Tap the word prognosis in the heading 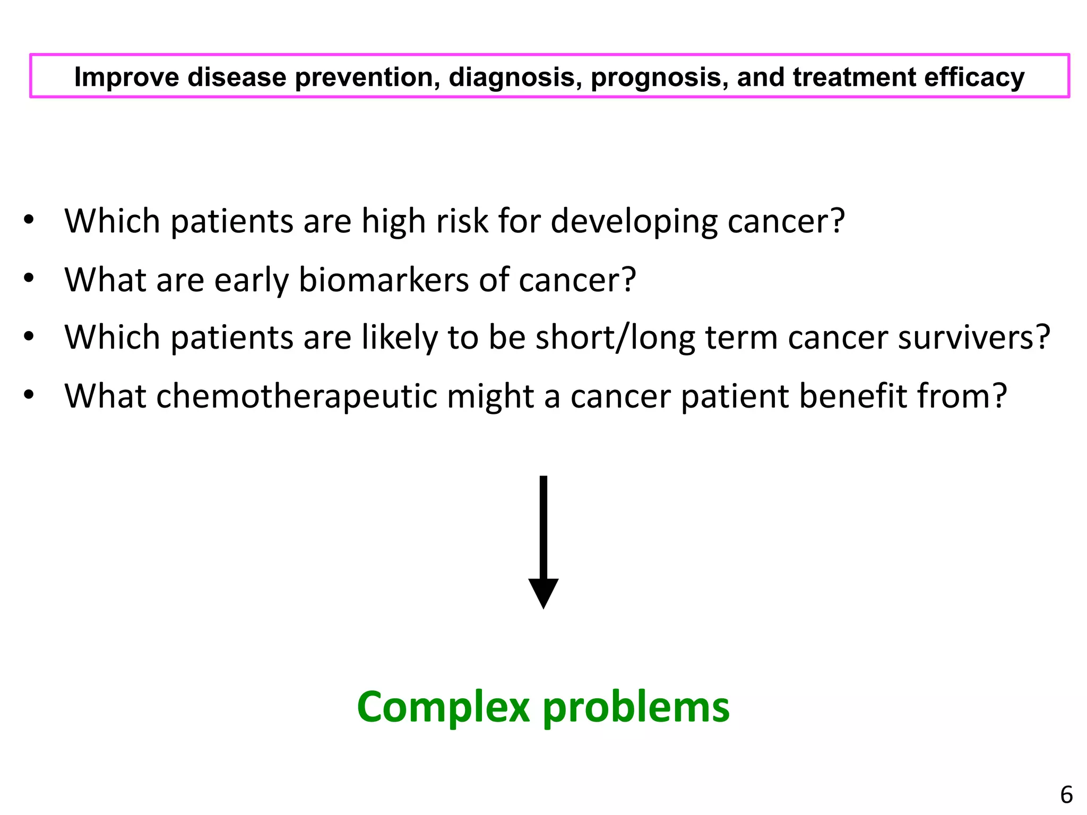659,77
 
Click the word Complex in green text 444,707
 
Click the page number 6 1066,795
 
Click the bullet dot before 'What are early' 29,278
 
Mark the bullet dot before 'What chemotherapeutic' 29,394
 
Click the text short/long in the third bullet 615,337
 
